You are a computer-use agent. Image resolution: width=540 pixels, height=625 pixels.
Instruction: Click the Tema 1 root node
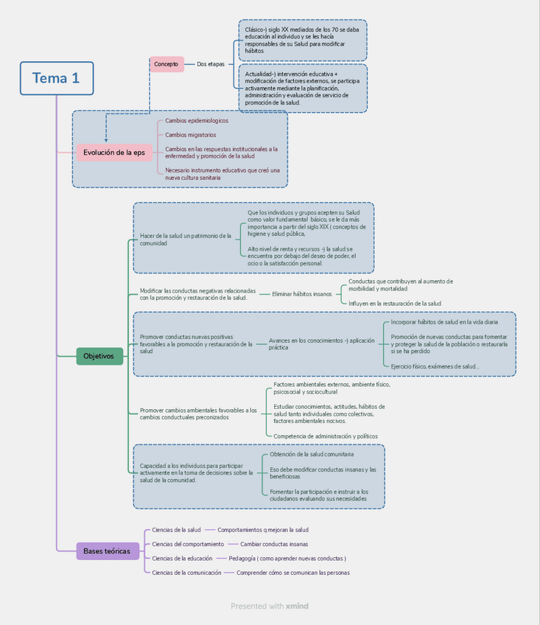(57, 78)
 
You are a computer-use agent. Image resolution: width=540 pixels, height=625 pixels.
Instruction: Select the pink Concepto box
(166, 64)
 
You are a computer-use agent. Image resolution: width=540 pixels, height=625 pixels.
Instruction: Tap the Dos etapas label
(211, 64)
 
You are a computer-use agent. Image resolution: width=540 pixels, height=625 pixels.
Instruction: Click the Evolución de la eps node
(114, 153)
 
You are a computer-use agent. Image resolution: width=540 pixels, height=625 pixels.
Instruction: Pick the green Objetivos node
(99, 356)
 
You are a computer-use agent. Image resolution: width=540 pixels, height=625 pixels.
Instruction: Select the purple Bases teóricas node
(107, 551)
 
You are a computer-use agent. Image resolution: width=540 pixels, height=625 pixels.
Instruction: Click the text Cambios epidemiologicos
(196, 121)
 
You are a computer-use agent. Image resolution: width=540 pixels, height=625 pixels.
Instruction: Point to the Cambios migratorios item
(190, 135)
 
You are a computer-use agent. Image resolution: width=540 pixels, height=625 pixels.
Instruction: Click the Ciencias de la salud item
(176, 530)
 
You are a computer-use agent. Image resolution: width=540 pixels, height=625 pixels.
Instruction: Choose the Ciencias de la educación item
(182, 558)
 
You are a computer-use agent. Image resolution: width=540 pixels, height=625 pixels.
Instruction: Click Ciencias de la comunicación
(186, 573)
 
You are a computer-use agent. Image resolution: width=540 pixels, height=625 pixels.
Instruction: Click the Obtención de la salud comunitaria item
(306, 455)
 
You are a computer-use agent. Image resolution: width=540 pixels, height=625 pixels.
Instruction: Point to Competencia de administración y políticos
(325, 436)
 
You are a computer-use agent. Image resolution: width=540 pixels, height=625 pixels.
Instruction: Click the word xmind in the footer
(297, 606)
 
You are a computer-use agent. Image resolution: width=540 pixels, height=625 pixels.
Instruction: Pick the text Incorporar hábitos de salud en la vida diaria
(444, 322)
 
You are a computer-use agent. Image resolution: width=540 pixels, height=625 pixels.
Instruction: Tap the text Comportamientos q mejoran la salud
(263, 530)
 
